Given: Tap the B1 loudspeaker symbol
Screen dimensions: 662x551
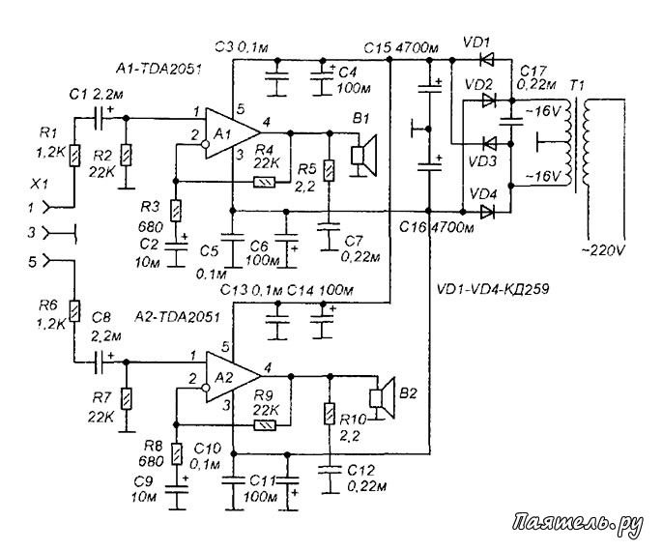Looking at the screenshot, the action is tap(364, 156).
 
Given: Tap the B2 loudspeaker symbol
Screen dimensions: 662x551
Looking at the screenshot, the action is tap(382, 397).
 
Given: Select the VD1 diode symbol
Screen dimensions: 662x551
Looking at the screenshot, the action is tap(487, 60).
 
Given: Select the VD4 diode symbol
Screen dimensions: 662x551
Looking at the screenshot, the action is tap(488, 212).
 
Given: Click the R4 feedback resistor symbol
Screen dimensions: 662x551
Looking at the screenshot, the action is tap(264, 182).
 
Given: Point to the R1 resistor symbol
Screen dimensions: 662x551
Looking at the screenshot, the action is tap(74, 156).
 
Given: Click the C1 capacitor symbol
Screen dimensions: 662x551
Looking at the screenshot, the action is tap(99, 118).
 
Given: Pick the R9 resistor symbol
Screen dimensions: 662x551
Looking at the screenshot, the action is tap(265, 425).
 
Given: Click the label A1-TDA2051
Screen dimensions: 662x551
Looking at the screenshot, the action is tap(158, 69).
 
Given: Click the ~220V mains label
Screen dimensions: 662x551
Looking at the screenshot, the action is tap(602, 250).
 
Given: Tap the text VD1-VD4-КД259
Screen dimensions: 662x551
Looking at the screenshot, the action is tap(493, 289).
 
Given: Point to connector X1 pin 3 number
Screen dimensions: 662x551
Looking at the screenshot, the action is tap(32, 232).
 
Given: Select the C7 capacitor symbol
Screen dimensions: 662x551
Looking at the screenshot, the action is tap(330, 227).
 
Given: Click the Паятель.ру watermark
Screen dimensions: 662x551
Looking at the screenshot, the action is tap(578, 525).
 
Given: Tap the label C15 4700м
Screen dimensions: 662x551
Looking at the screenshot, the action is tap(401, 48).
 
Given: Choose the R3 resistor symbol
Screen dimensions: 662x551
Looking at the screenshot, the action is tap(176, 211).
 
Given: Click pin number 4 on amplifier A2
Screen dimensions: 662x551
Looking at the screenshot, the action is tap(267, 367).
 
